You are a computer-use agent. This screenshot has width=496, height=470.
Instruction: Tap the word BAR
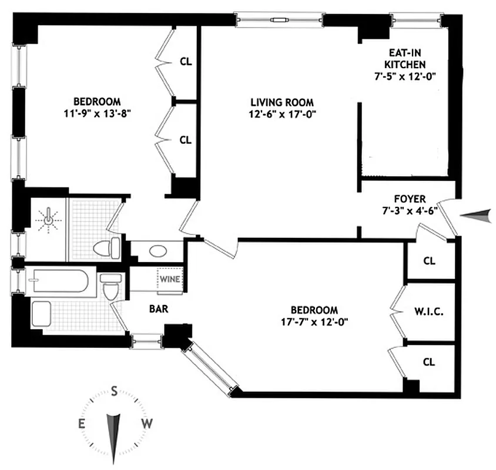159,307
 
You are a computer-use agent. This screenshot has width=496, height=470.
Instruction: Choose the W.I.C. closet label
429,311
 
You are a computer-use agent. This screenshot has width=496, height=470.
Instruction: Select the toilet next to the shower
108,247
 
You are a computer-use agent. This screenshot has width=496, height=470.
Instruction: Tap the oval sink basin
158,251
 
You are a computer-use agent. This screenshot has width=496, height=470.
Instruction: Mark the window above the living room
279,21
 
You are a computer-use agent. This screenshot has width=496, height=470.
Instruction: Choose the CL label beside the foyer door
429,260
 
